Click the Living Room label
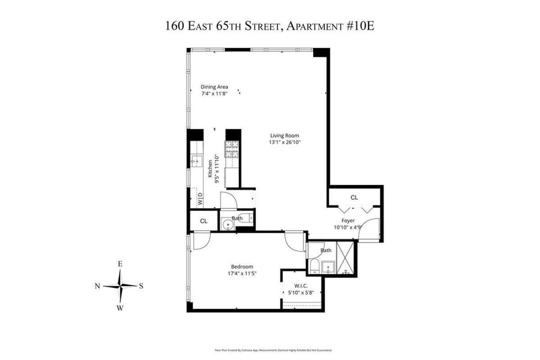click(284, 135)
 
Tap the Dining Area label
click(214, 87)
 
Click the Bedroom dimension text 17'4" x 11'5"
click(242, 273)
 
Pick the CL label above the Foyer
click(354, 198)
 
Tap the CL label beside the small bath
click(204, 221)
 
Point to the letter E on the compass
click(120, 264)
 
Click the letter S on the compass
click(141, 285)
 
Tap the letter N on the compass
click(97, 286)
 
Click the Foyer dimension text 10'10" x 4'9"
click(349, 227)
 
